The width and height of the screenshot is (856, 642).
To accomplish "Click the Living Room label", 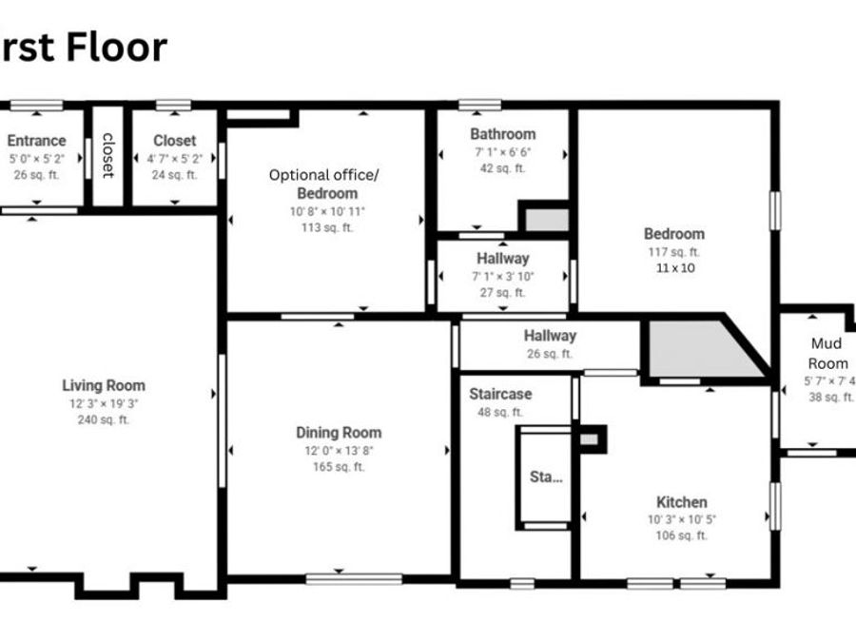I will tap(104, 385).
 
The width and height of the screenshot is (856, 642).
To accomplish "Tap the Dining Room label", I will tap(339, 433).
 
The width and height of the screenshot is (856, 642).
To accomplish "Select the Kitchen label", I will tap(682, 502).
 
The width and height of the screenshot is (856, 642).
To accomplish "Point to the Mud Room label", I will tap(827, 353).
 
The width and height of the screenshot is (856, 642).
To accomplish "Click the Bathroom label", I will tap(502, 134).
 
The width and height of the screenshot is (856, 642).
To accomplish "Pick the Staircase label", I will tap(500, 394).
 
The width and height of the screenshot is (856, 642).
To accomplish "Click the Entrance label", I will tap(37, 141).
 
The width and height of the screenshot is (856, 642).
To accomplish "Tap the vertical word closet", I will tap(107, 155).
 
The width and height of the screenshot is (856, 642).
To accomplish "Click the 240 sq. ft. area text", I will tap(104, 419).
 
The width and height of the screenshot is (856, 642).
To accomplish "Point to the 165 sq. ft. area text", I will tap(339, 467).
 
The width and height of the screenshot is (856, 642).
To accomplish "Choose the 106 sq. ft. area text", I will tap(682, 535).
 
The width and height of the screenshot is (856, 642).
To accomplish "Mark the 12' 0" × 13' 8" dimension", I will tap(339, 450).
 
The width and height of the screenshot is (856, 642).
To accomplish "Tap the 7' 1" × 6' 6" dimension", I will tap(502, 152).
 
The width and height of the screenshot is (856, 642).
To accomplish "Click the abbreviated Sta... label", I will tap(546, 477).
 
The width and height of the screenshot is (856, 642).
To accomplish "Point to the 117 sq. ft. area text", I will tap(673, 252).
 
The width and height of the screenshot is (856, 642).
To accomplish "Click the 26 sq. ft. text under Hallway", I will tap(550, 354).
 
